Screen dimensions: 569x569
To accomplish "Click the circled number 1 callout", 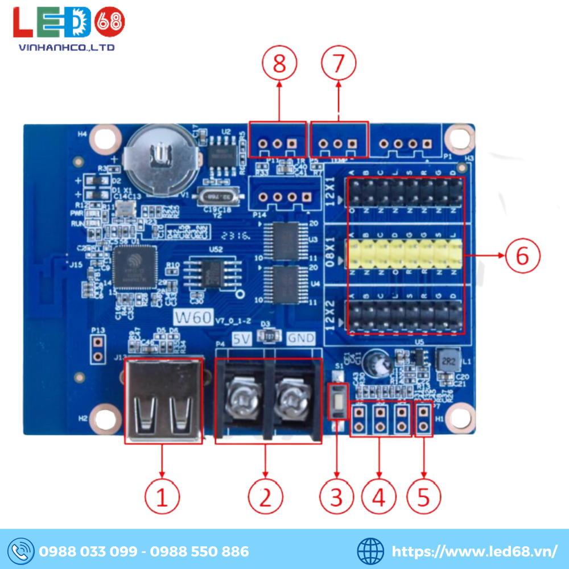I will (x=162, y=497).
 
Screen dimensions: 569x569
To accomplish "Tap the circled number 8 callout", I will (x=279, y=64).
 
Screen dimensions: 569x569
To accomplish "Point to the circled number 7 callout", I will (x=339, y=64).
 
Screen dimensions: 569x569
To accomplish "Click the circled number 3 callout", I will (x=337, y=497).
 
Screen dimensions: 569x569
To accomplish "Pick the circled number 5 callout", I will (x=423, y=497).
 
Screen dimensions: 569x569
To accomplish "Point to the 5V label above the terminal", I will (x=242, y=339).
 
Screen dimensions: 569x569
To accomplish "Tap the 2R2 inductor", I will (x=447, y=361).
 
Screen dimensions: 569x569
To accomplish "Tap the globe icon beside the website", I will (x=370, y=551).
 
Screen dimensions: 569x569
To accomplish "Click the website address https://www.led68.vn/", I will (x=475, y=551).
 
